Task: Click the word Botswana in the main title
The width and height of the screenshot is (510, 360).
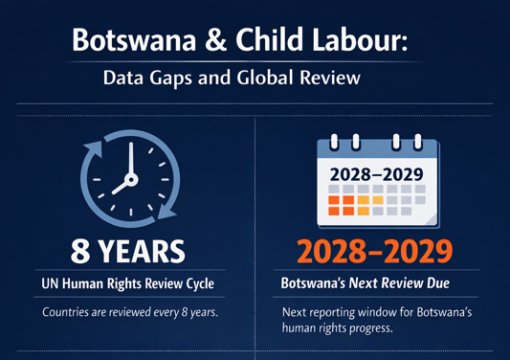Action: pos(134,39)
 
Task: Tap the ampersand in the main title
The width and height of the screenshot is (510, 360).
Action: pos(215,39)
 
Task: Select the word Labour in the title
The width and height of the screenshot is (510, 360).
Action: pos(360,39)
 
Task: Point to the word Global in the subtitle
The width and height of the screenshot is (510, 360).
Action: pos(265,78)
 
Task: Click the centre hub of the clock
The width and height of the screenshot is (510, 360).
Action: pos(131,179)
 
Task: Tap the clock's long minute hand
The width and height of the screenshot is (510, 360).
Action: pos(131,159)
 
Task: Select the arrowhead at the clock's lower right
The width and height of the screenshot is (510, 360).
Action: pos(166,211)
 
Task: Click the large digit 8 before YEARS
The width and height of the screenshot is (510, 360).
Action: pos(80,252)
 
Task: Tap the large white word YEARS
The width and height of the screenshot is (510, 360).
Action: pos(142,252)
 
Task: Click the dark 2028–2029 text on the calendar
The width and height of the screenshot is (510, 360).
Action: pos(376,175)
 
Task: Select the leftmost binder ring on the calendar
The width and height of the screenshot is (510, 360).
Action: pos(334,142)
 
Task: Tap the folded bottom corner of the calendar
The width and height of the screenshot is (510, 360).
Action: pos(431,218)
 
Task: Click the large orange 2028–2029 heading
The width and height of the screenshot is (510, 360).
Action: pos(375,251)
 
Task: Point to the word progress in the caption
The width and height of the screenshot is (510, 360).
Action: pos(371,328)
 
